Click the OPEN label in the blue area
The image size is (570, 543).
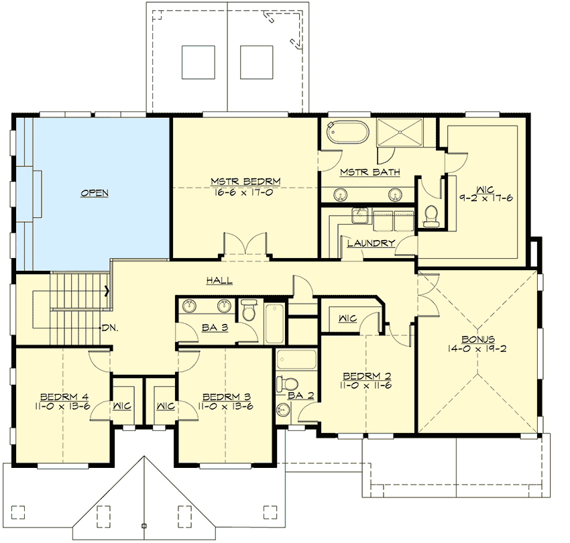(95, 193)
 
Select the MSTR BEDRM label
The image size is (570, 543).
(245, 181)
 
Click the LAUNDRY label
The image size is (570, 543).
(371, 243)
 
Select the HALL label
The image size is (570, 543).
(220, 280)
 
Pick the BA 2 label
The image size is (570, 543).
(300, 396)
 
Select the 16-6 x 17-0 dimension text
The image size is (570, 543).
(245, 190)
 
